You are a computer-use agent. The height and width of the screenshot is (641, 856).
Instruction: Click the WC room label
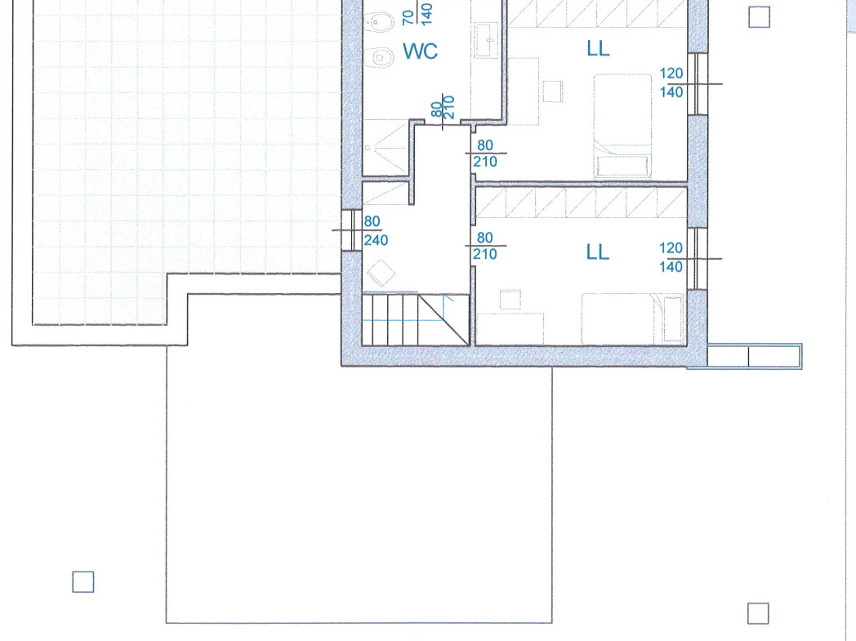coord(421,51)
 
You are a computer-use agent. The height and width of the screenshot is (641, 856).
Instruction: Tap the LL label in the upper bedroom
coord(598,48)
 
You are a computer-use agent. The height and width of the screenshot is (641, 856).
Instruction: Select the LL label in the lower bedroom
coord(597,252)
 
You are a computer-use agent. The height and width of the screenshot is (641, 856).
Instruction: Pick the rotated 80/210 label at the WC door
coord(444,108)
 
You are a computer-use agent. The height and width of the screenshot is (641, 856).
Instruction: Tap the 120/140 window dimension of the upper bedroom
coord(671,82)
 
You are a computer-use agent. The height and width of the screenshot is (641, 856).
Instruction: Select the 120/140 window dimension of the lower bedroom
coord(671,257)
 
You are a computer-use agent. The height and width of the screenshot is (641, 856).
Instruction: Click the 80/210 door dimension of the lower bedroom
coord(485,246)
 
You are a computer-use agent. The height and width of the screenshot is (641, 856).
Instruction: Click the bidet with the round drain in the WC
coord(376,24)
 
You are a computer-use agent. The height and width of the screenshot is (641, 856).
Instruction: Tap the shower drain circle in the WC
coord(368,147)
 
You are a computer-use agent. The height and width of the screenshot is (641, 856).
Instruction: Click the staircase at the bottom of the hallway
coord(416,319)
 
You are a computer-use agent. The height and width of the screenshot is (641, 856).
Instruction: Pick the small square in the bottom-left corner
coord(83,581)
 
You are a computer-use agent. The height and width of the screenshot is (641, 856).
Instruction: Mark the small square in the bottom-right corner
coord(758,613)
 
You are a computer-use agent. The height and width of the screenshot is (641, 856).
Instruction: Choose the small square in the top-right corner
coord(759,17)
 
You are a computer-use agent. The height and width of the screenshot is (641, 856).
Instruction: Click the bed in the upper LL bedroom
coord(622,126)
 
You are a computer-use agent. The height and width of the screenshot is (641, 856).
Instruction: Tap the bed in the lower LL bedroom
coord(633,319)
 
